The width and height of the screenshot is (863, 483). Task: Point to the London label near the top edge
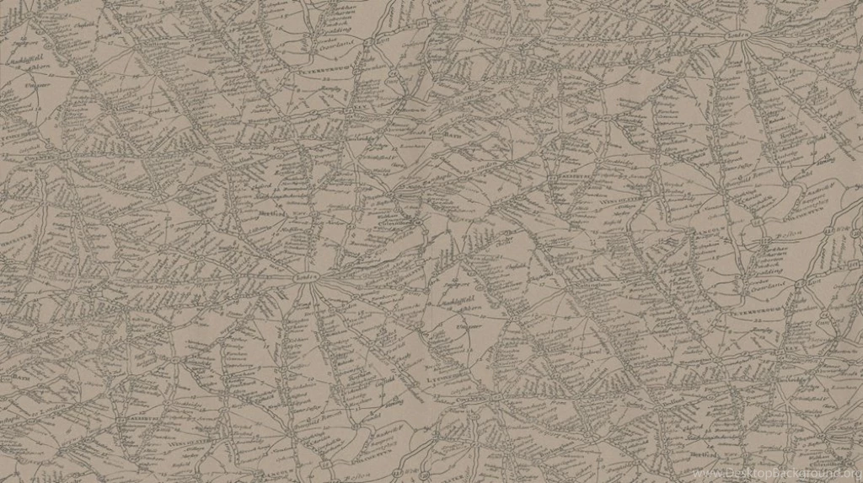tap(737, 35)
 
